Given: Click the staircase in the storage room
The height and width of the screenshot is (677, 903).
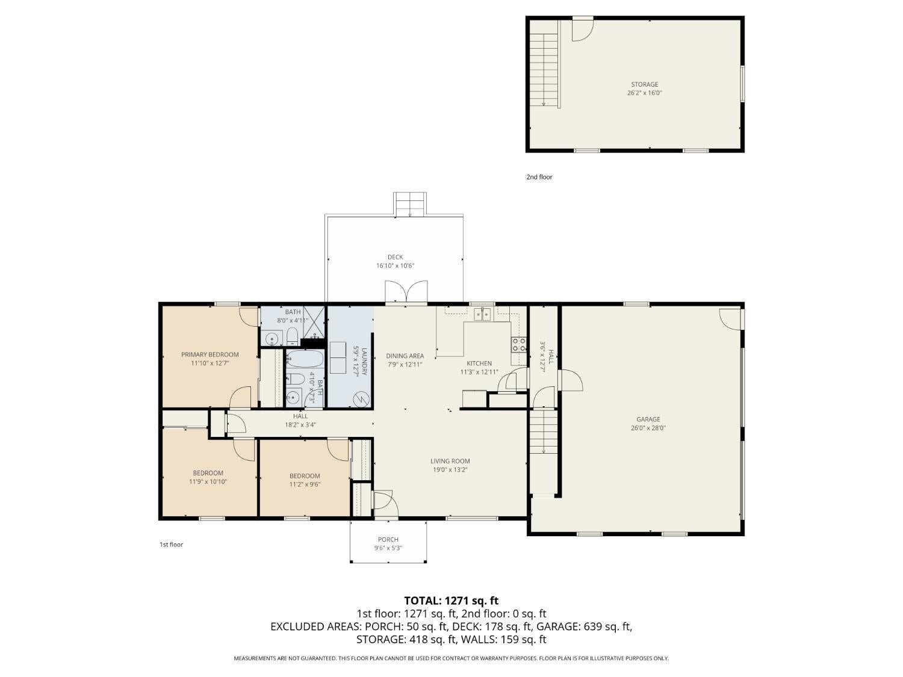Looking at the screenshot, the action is [543, 65].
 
